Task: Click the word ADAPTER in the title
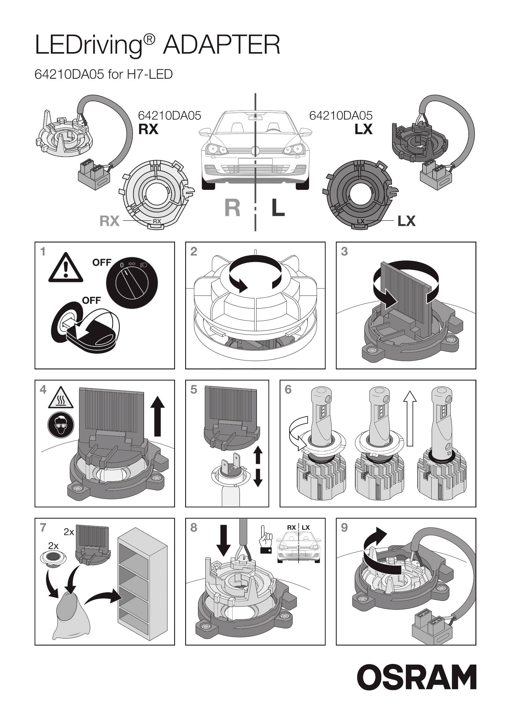[x=221, y=45]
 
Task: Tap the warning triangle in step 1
[x=66, y=267]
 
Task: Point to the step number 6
[x=288, y=390]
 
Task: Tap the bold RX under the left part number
[x=148, y=129]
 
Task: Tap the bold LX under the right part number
[x=364, y=129]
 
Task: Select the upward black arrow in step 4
[x=158, y=416]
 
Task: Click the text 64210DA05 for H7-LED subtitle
[x=104, y=74]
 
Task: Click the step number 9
[x=344, y=527]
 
